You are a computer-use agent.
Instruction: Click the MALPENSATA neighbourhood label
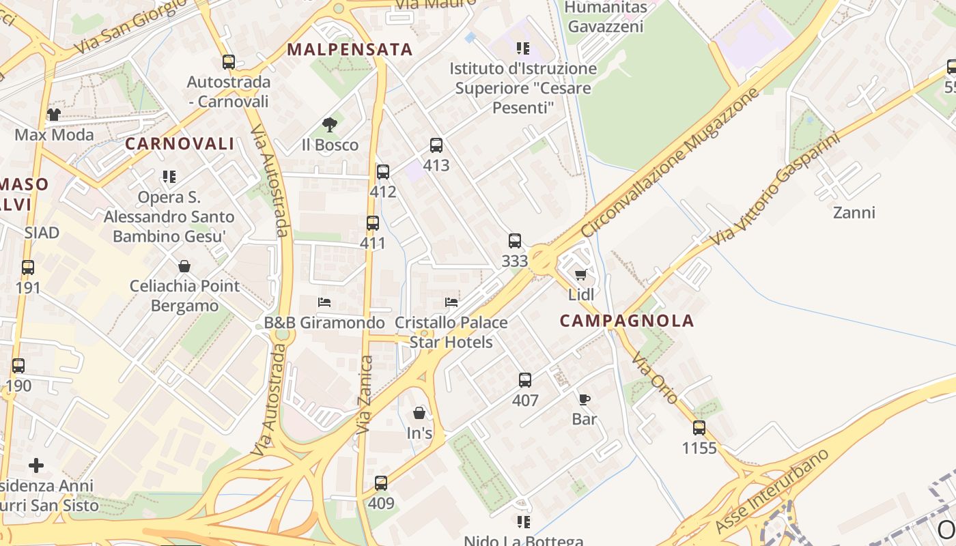[x=350, y=49]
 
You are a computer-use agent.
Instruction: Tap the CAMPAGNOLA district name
[x=627, y=321]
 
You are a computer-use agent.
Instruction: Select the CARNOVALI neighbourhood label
[x=180, y=144]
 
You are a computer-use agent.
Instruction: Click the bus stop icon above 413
[x=436, y=145]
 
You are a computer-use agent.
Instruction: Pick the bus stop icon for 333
[x=515, y=241]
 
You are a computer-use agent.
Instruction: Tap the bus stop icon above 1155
[x=699, y=428]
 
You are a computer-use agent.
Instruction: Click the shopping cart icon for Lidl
[x=581, y=274]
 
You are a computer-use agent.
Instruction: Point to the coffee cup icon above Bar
[x=585, y=399]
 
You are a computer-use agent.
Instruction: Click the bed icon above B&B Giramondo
[x=324, y=302]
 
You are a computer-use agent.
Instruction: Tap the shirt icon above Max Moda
[x=54, y=114]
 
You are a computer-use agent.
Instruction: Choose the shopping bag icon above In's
[x=419, y=413]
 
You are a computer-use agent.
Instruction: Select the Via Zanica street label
[x=365, y=394]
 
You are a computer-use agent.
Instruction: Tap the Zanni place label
[x=854, y=212]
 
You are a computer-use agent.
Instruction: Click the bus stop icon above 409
[x=381, y=483]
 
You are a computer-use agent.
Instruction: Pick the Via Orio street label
[x=653, y=377]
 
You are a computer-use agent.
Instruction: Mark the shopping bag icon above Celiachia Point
[x=184, y=266]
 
